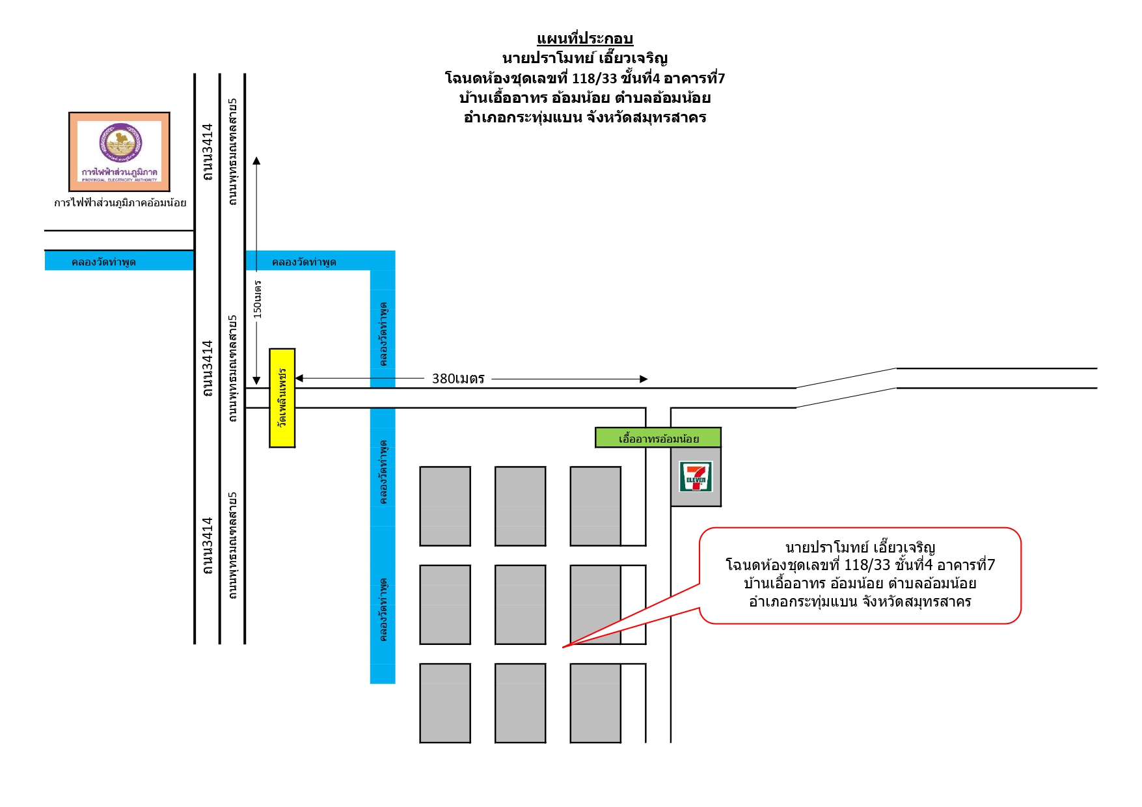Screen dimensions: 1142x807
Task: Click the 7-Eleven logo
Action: [696, 476]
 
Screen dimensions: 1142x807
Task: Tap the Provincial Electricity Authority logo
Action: [120, 152]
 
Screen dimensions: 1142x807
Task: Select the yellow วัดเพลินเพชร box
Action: [282, 398]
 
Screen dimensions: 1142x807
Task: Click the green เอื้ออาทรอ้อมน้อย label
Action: [659, 438]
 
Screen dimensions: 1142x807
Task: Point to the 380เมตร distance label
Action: [458, 379]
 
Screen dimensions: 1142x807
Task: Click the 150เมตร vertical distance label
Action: [258, 299]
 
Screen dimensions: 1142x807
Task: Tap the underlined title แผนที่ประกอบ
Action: [585, 38]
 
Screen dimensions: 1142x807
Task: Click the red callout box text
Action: [860, 575]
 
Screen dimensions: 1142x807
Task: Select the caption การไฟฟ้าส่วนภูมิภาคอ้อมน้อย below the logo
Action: [120, 202]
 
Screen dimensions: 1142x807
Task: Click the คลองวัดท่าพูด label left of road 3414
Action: [103, 262]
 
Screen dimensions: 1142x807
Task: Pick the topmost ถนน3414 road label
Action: [208, 152]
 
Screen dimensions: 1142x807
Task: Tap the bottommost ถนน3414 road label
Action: [208, 546]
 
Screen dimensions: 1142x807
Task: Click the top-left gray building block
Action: [445, 506]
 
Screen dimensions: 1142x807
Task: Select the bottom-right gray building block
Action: [595, 704]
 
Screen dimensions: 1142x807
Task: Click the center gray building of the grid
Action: [521, 605]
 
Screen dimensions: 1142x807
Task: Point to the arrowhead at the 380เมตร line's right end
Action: [644, 379]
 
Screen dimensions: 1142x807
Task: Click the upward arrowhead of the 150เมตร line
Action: [257, 161]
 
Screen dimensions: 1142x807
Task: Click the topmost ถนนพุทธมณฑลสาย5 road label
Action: [233, 152]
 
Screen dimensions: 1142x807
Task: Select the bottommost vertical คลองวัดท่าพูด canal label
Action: [383, 610]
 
